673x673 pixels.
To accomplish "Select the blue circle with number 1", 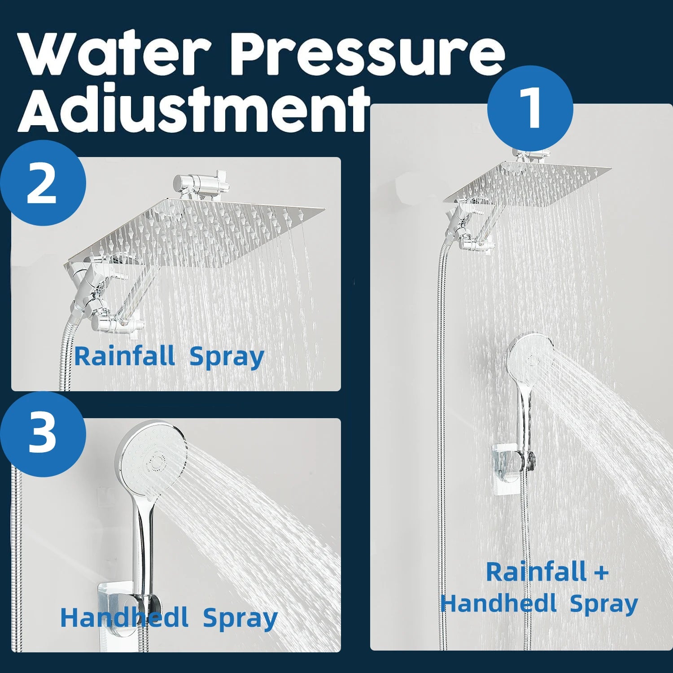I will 530,108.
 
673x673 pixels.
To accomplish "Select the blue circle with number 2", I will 43,183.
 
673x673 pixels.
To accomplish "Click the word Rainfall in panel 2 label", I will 124,357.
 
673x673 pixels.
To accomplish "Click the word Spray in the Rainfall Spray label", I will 227,358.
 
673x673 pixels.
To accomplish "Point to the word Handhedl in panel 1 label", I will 498,603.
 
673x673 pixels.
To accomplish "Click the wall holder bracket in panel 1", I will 511,467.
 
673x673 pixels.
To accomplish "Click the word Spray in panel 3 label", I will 240,619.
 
